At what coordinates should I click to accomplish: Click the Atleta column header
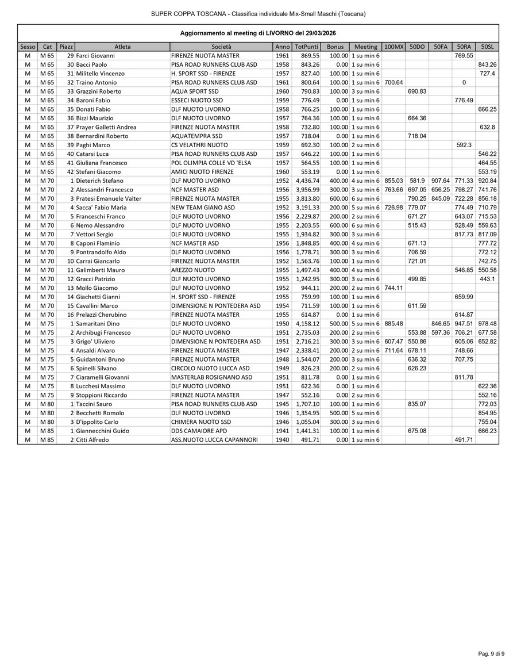[122, 47]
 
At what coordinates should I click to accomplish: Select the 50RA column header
[464, 47]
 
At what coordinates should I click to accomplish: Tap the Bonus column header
[334, 47]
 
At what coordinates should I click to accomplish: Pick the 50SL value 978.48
[487, 324]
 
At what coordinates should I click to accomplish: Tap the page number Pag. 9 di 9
[492, 653]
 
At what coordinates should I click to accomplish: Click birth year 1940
[282, 440]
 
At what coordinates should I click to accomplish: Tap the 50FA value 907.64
[440, 181]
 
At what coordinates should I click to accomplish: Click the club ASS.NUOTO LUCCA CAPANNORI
[214, 440]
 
